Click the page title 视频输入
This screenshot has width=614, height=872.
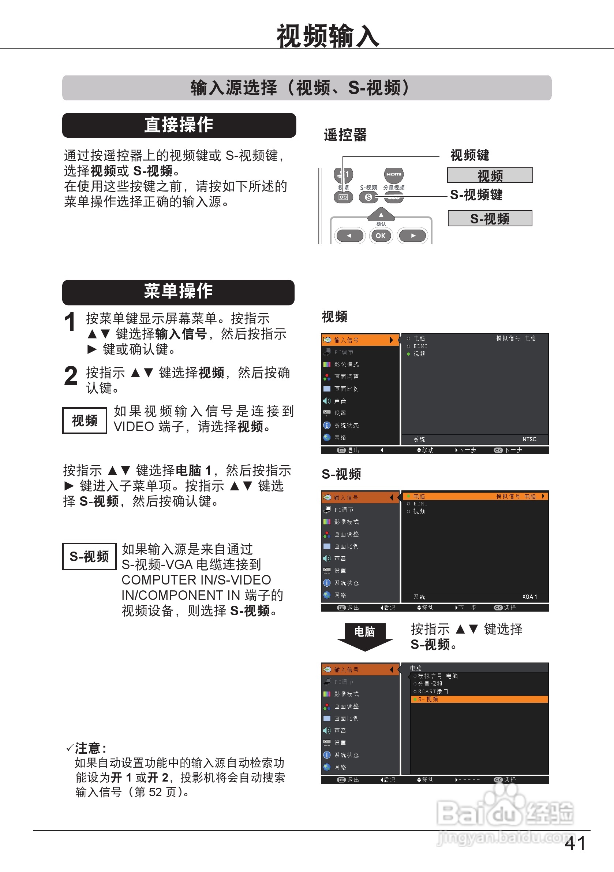[328, 37]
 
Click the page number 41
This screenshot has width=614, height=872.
[574, 843]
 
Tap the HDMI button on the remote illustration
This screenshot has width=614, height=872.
[393, 174]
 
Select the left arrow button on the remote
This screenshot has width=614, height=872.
[349, 235]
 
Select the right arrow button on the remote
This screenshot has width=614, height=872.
[413, 235]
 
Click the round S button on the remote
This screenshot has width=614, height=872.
[368, 197]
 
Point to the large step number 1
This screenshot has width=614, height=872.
[70, 322]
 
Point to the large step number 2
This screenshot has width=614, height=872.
[71, 376]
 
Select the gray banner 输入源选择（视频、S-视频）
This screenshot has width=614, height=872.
[306, 88]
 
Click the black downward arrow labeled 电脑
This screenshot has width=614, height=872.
[365, 635]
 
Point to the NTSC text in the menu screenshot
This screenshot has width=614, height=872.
[529, 439]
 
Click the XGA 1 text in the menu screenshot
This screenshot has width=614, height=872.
[529, 597]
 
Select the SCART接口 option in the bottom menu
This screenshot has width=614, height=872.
[433, 691]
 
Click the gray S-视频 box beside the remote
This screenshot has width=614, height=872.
[490, 218]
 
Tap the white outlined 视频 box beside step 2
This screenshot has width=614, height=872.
[84, 420]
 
